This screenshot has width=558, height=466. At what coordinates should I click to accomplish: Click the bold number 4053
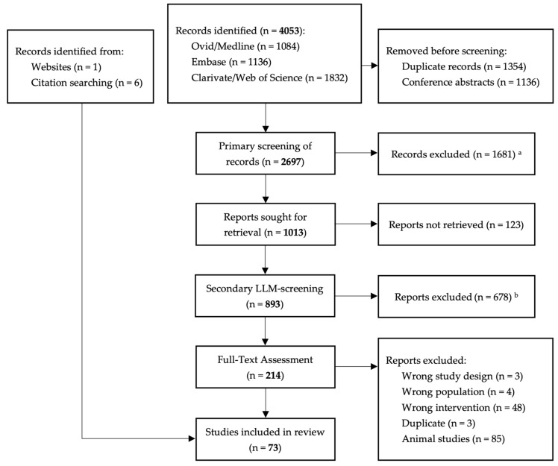pos(289,31)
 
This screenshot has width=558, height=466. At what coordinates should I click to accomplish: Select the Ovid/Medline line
pos(245,46)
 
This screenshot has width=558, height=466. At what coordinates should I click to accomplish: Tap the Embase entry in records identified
pos(231,62)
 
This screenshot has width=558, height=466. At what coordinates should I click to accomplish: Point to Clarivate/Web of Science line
pos(269,78)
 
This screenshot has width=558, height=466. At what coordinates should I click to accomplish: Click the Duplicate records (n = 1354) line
pos(464,67)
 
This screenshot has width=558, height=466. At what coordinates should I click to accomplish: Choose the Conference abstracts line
pos(471,83)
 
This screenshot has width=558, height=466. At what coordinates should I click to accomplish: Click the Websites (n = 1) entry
pos(66,67)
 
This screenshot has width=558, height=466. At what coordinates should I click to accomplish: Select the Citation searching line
pos(87,83)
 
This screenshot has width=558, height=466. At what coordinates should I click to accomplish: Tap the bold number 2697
pos(291,162)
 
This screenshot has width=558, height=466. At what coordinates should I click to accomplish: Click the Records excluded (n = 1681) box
pos(457,154)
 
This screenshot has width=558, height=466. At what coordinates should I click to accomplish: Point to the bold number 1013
pos(293,233)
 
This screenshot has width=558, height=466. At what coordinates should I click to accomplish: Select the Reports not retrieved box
pos(457,224)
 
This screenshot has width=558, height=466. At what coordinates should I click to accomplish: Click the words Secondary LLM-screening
pos(265,289)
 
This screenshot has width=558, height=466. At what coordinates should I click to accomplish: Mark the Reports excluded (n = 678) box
pos(457,296)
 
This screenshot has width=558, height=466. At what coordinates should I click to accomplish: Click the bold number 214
pos(273,375)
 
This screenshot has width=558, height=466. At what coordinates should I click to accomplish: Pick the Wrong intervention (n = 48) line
pos(464,408)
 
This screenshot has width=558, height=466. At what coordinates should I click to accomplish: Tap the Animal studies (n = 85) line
pos(454,439)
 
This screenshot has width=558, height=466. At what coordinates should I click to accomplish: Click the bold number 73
pos(273,447)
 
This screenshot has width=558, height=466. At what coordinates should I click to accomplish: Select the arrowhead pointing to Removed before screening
pos(374,66)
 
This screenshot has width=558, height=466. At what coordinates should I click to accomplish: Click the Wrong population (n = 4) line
pos(458,392)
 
